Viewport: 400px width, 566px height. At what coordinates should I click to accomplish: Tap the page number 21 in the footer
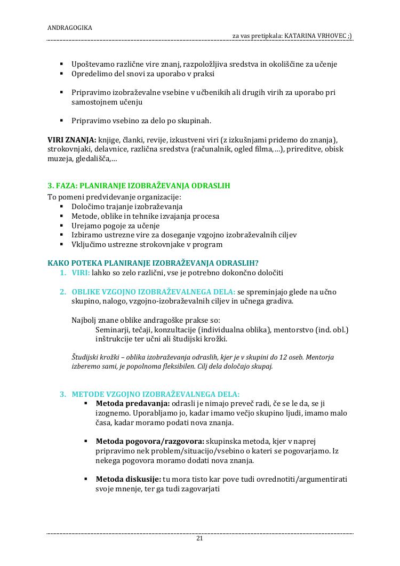[199, 538]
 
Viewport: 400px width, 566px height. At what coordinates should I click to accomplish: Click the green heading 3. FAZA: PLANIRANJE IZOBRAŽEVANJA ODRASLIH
[139, 186]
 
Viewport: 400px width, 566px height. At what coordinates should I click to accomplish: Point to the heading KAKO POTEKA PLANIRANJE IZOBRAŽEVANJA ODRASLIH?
[153, 263]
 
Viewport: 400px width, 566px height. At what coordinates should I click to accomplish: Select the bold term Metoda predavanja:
[125, 404]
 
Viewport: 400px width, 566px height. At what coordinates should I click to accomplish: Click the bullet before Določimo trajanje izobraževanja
[62, 207]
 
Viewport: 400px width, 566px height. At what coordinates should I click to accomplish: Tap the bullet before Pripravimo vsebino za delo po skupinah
[62, 121]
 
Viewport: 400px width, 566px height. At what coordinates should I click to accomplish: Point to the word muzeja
[59, 159]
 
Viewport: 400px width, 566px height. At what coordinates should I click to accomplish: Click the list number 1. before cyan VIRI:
[62, 273]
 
